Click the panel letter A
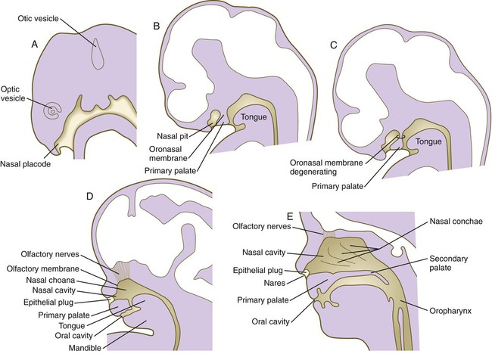pos(35,43)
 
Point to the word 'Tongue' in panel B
pos(254,117)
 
